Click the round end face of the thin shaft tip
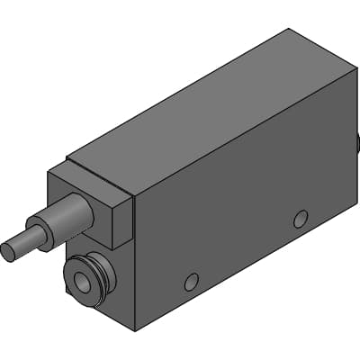8,251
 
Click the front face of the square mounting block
85,202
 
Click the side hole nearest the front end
191,282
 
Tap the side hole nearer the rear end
301,218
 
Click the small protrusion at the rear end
357,140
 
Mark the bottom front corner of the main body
135,330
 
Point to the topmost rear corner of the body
290,29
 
